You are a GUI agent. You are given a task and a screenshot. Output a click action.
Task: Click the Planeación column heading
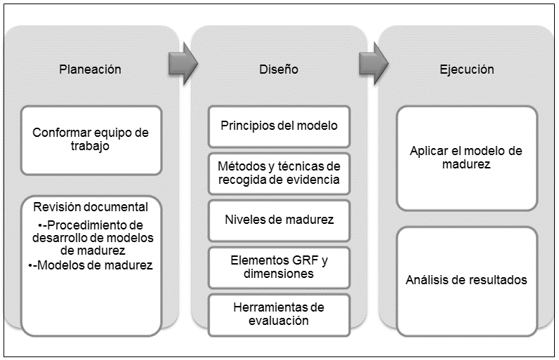(x=90, y=69)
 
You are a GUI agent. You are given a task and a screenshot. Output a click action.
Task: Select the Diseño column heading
(x=278, y=69)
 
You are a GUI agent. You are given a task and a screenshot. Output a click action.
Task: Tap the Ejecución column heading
(x=466, y=69)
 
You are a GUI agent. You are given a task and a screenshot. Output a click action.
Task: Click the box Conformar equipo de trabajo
(x=91, y=140)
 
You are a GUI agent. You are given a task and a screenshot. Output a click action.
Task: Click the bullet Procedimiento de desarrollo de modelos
(x=91, y=236)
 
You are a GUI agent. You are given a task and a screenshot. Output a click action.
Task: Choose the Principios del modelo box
(x=279, y=126)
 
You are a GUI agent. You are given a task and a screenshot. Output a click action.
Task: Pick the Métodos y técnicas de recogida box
(x=279, y=173)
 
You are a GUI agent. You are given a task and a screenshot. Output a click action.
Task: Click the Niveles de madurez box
(x=279, y=219)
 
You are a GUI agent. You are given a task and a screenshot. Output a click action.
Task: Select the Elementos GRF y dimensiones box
(x=279, y=266)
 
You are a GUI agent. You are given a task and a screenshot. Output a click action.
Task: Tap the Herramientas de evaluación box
(x=279, y=313)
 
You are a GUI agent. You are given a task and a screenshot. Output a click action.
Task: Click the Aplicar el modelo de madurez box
(x=466, y=158)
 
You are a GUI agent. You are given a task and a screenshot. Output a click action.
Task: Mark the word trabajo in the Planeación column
(x=91, y=147)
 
